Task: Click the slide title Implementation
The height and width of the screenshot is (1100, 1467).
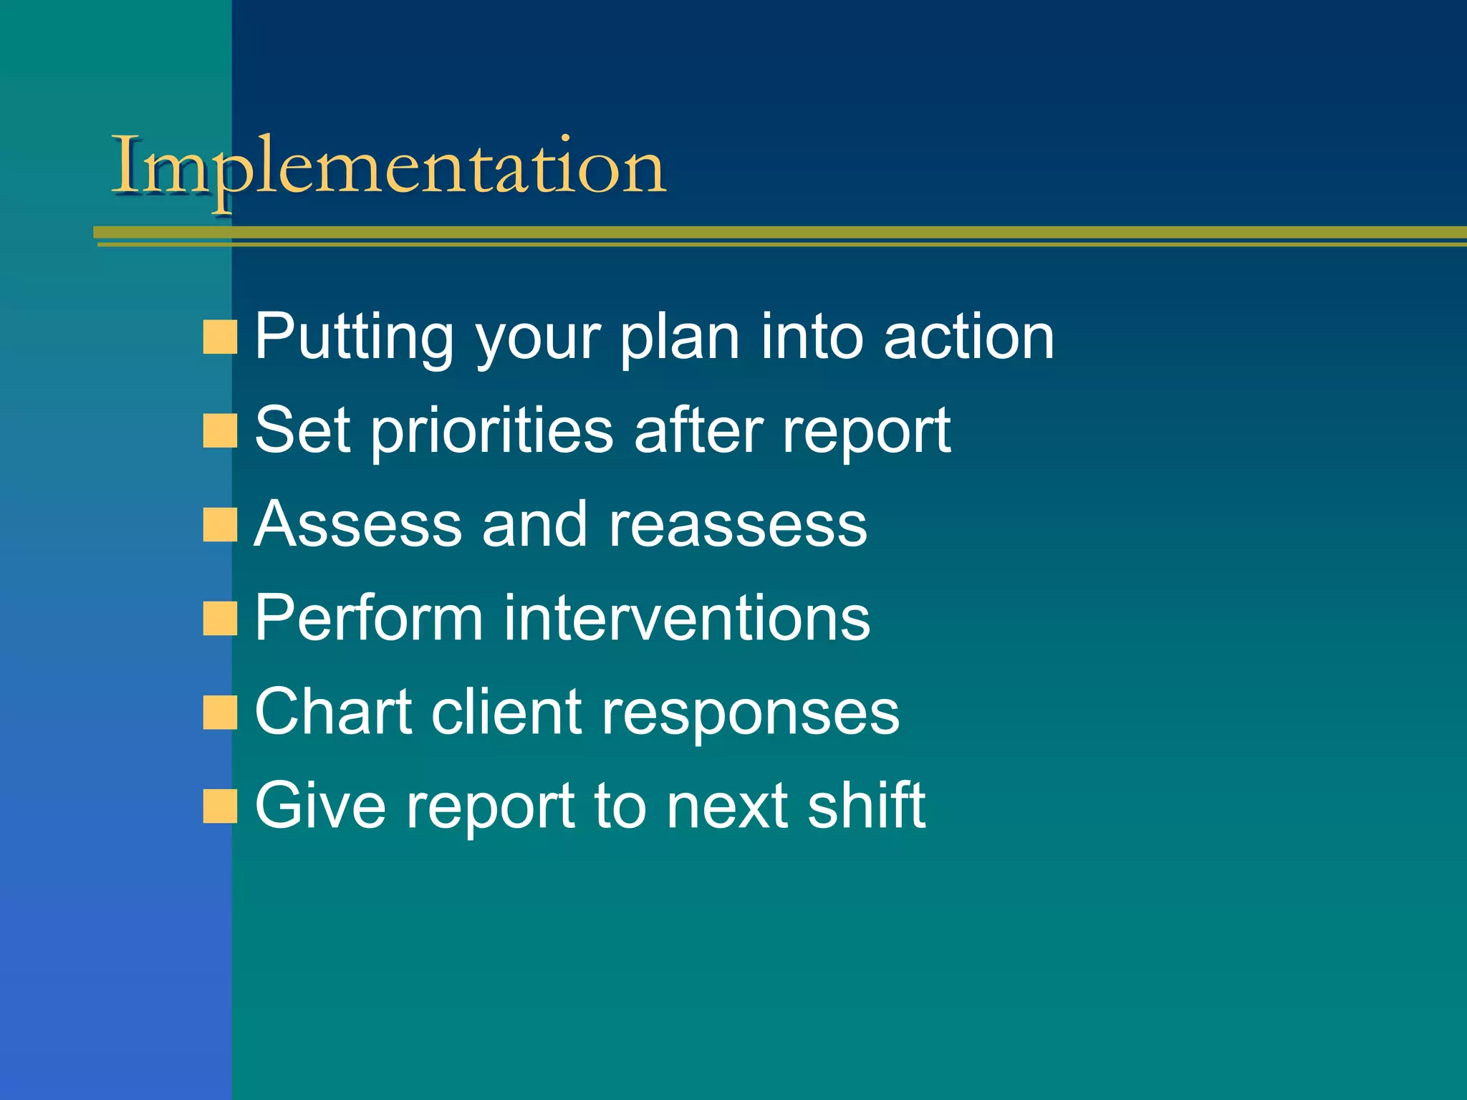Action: pyautogui.click(x=389, y=167)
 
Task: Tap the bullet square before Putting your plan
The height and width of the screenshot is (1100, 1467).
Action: pyautogui.click(x=219, y=337)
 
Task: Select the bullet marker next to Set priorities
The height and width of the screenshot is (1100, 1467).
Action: pyautogui.click(x=219, y=431)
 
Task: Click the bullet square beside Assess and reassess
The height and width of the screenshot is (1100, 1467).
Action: pyautogui.click(x=219, y=525)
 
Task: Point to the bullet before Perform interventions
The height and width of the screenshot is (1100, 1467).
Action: pyautogui.click(x=219, y=619)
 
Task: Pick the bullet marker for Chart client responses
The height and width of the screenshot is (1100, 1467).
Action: pyautogui.click(x=219, y=713)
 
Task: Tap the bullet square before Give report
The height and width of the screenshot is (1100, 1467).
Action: pyautogui.click(x=219, y=806)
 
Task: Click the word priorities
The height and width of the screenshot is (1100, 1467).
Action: pyautogui.click(x=492, y=431)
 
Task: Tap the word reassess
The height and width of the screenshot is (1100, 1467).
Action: pyautogui.click(x=738, y=525)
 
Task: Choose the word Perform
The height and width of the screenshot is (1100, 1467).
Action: pyautogui.click(x=369, y=617)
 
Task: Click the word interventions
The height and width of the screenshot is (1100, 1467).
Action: pyautogui.click(x=687, y=617)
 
